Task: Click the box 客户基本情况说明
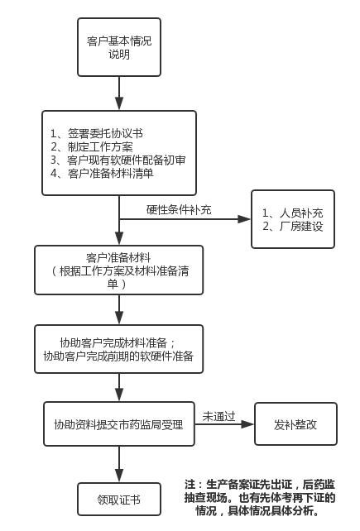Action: click(119, 47)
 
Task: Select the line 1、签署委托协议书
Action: click(96, 133)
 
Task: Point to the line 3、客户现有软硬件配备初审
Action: click(118, 160)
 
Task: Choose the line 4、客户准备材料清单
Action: click(102, 173)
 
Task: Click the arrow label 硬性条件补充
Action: click(179, 209)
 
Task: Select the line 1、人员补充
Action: click(292, 213)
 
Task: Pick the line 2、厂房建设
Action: click(292, 226)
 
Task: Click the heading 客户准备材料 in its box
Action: click(118, 257)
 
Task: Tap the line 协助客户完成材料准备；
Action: click(118, 342)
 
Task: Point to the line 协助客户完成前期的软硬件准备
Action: click(118, 356)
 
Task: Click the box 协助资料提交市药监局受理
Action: click(118, 424)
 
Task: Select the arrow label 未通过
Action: click(219, 415)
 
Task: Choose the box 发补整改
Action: click(295, 424)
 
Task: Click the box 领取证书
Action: click(118, 500)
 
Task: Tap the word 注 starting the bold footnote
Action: click(190, 484)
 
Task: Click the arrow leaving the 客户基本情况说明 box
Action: click(119, 91)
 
